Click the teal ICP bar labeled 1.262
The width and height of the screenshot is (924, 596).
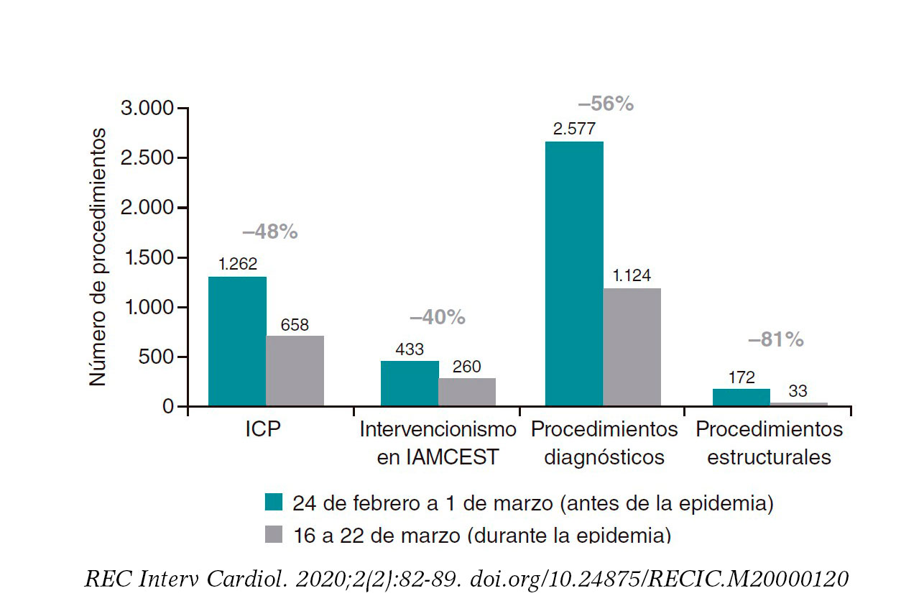point(237,341)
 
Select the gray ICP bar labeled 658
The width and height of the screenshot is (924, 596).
point(295,370)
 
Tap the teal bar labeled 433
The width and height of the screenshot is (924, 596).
point(410,383)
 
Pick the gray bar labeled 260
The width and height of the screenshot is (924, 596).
point(467,392)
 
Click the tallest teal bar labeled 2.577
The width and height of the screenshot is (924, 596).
point(574,273)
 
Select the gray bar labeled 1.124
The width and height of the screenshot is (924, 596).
point(632,347)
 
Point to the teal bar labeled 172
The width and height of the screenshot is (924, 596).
point(741,397)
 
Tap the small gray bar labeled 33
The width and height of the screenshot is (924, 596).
point(798,404)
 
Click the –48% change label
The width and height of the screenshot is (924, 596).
point(269,232)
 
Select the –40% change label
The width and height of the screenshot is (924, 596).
point(438,317)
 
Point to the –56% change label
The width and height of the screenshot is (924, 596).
point(606,104)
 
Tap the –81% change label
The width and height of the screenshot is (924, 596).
point(775,340)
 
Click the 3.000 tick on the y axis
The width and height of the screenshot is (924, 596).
point(147,109)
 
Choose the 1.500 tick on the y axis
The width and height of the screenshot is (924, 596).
point(147,257)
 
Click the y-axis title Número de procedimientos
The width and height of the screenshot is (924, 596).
point(98,257)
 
